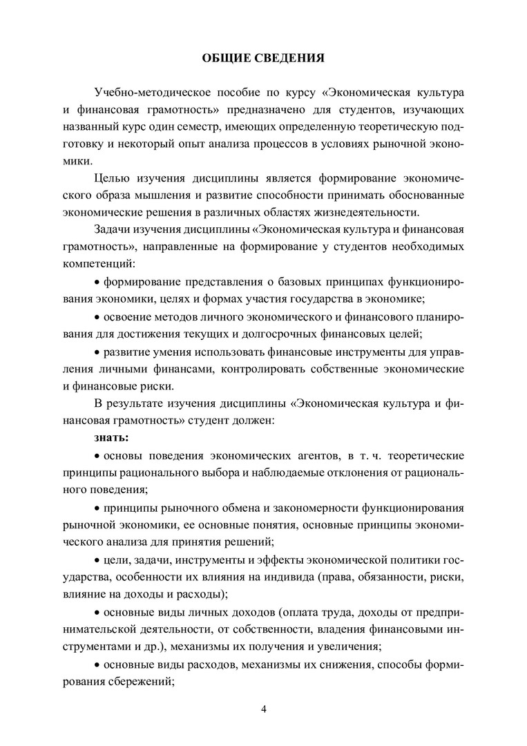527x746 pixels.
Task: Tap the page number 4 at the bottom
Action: click(x=263, y=709)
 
